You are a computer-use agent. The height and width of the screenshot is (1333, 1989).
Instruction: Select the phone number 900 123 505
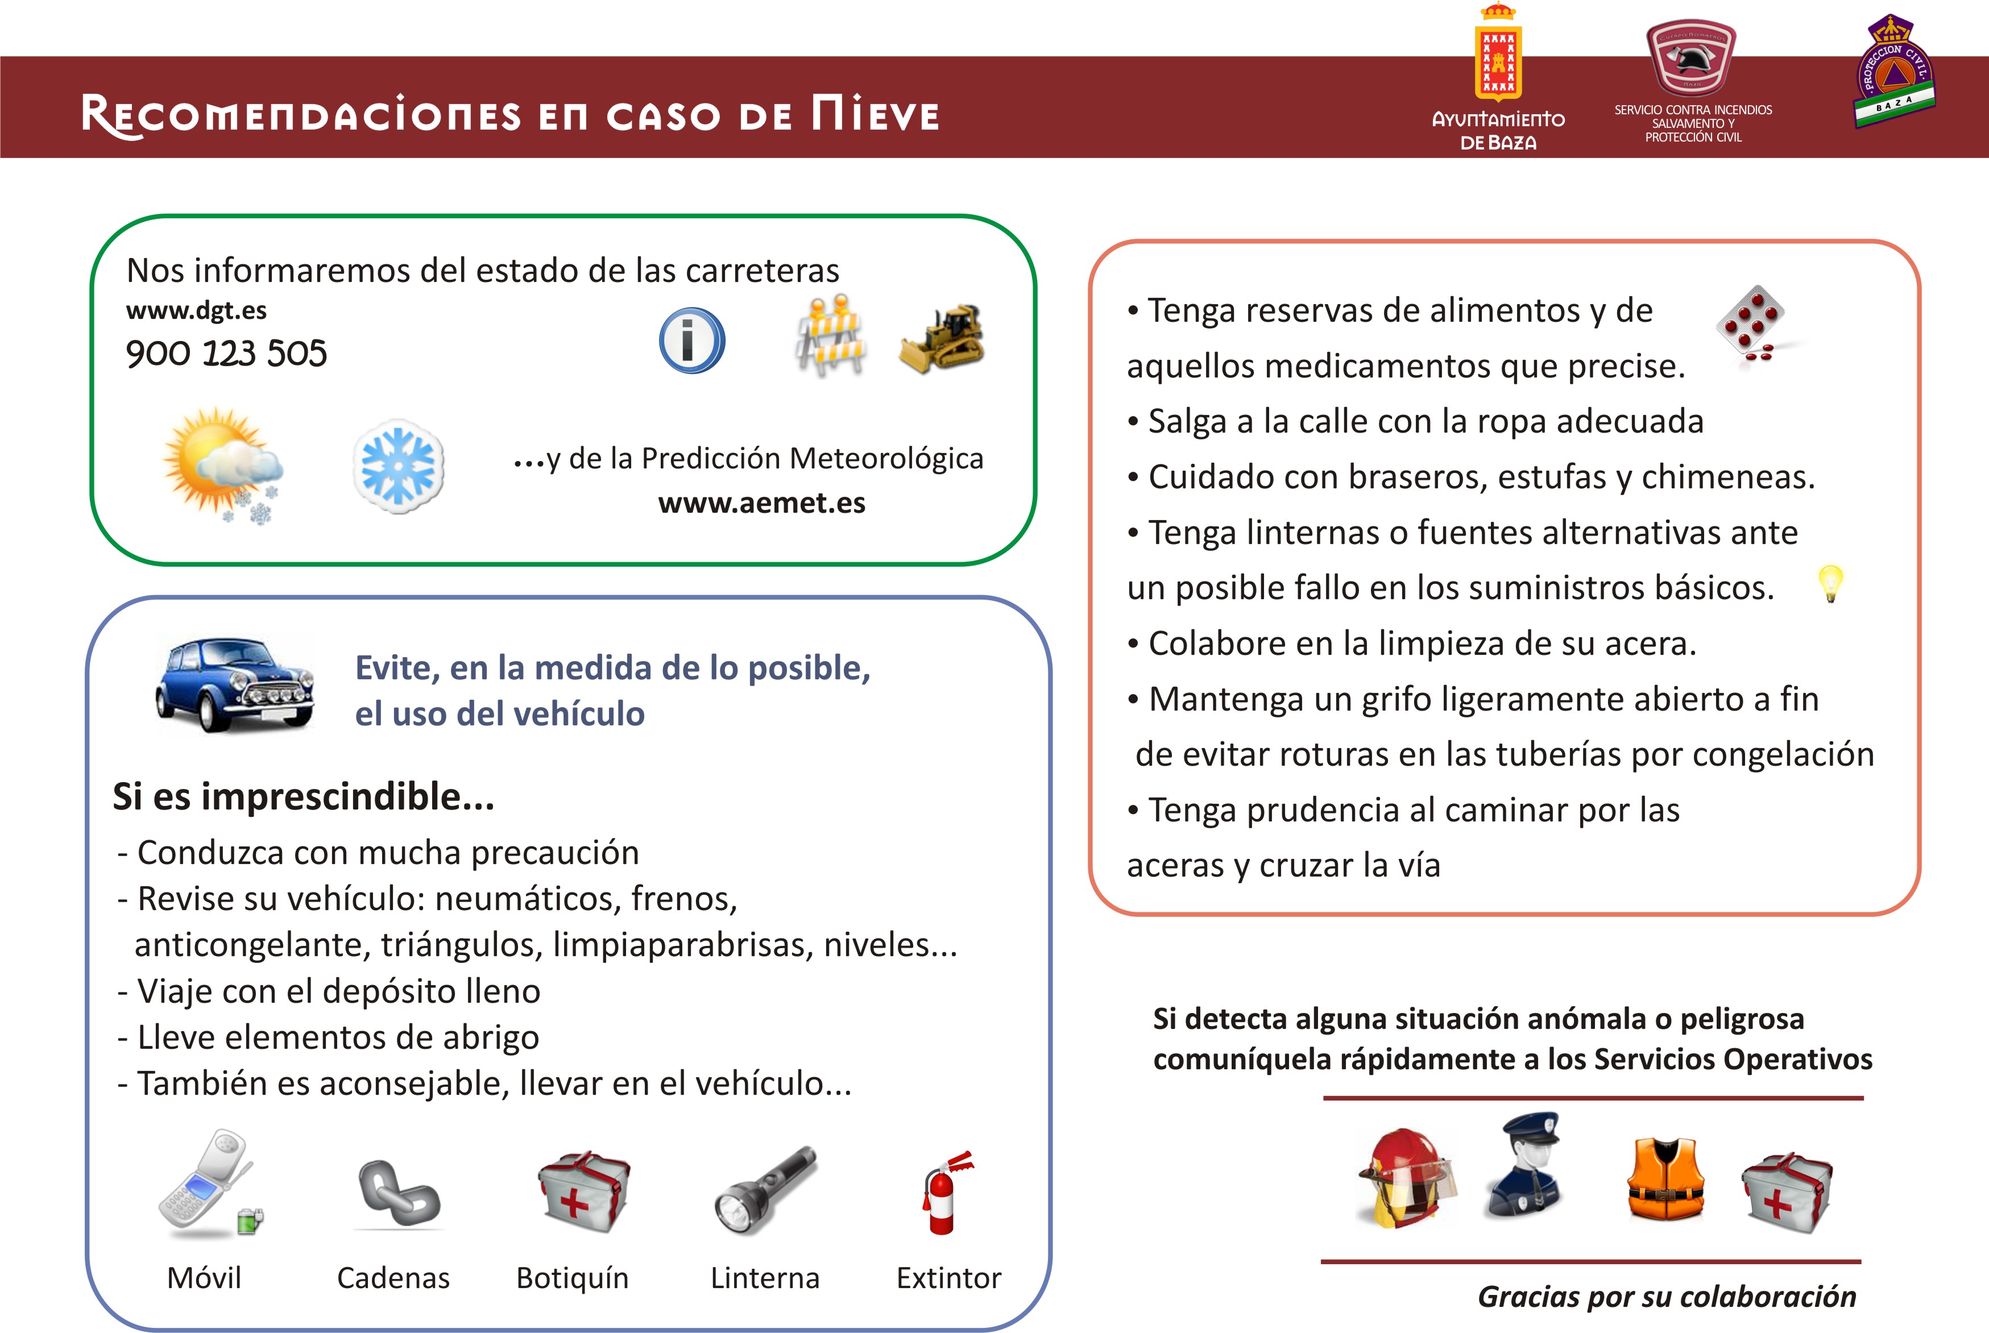[226, 354]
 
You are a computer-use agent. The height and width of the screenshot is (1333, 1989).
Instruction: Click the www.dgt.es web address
[196, 310]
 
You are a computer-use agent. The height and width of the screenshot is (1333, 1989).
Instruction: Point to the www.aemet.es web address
[761, 503]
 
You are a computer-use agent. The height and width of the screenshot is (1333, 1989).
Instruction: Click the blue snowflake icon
[398, 466]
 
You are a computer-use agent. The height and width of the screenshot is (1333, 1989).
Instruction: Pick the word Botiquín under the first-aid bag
[572, 1278]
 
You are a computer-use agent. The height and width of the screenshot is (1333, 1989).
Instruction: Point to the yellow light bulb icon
[1830, 583]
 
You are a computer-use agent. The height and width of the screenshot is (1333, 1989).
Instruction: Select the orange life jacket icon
[1665, 1180]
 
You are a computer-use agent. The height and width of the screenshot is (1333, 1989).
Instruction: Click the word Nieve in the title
[875, 114]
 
